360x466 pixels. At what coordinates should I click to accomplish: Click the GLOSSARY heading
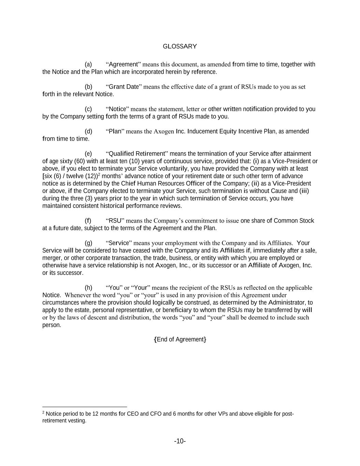(x=180, y=46)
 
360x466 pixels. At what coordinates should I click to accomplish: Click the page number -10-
(x=180, y=441)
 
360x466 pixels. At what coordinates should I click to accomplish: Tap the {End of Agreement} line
(x=180, y=339)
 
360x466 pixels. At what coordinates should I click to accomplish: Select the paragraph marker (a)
(x=88, y=65)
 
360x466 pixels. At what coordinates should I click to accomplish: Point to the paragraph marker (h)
(x=88, y=288)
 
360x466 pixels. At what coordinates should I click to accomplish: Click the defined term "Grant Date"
(x=123, y=87)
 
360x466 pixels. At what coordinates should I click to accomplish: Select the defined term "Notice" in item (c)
(x=117, y=109)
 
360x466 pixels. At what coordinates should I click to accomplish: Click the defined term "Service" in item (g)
(x=119, y=243)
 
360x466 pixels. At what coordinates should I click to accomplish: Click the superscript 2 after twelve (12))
(x=99, y=174)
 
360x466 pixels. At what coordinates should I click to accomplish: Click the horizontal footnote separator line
(x=85, y=407)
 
